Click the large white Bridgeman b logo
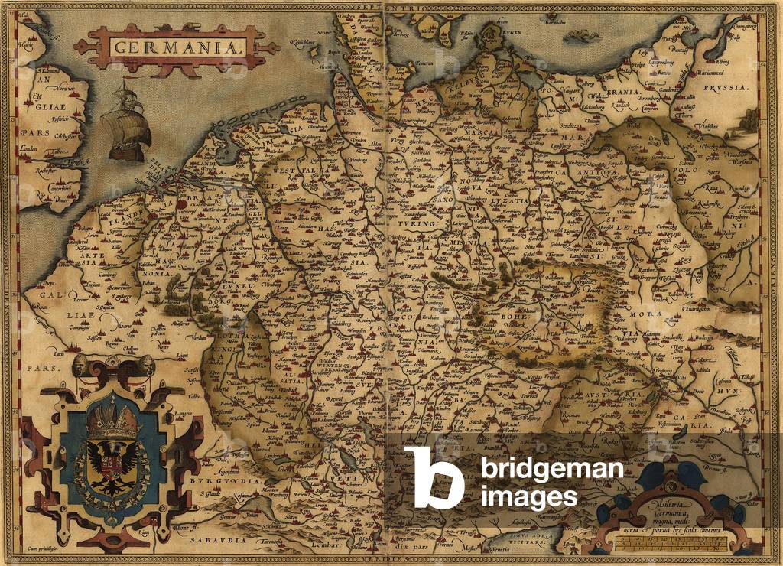(x=433, y=477)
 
